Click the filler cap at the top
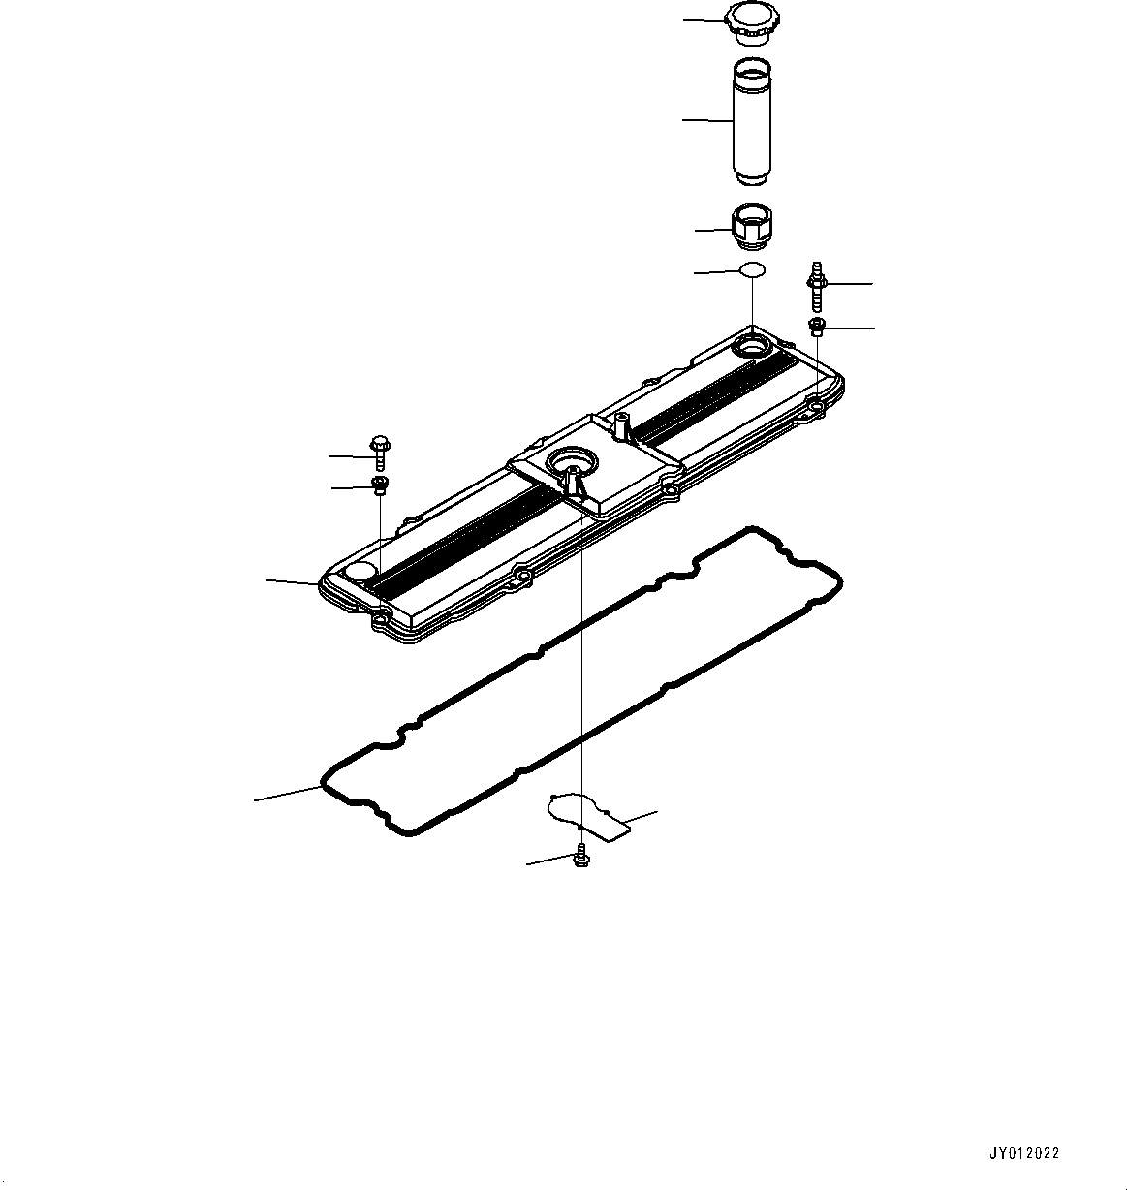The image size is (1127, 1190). [748, 23]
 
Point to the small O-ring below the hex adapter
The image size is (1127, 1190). [752, 270]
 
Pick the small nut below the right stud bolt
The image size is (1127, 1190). [817, 328]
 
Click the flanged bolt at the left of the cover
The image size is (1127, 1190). [378, 453]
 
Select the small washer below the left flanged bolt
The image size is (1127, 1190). [380, 485]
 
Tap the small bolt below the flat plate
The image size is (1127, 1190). [580, 856]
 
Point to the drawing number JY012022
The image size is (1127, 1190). [1023, 1153]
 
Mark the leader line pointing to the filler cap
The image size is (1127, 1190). [704, 20]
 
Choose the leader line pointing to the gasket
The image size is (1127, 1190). [288, 792]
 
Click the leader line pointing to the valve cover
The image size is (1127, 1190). [293, 581]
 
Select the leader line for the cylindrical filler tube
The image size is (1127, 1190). [706, 120]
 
